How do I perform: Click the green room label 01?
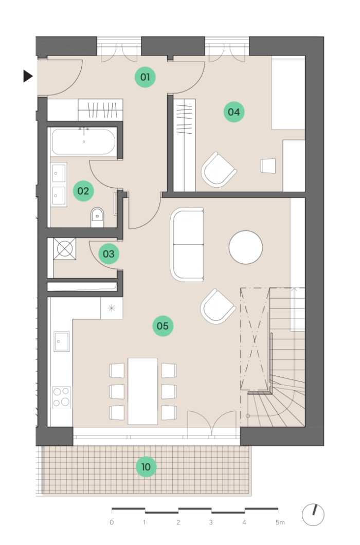[x=145, y=77]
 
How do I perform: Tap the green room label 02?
[x=83, y=191]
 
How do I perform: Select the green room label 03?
[x=109, y=253]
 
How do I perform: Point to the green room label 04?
[x=233, y=112]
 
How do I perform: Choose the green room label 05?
[x=163, y=325]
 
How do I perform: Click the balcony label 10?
[x=146, y=467]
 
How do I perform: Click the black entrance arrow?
[x=28, y=76]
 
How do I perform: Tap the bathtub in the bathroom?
[x=83, y=141]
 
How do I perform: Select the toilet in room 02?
[x=97, y=217]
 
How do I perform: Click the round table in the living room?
[x=245, y=247]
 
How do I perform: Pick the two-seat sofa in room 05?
[x=187, y=245]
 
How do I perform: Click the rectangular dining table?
[x=142, y=391]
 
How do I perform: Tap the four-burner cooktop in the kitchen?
[x=62, y=397]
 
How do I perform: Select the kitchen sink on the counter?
[x=62, y=341]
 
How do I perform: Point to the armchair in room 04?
[x=219, y=169]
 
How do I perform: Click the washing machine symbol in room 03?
[x=65, y=249]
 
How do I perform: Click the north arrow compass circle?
[x=313, y=515]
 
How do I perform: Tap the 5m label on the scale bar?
[x=280, y=522]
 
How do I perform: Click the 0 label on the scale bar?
[x=111, y=522]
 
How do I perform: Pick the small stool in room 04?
[x=268, y=166]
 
